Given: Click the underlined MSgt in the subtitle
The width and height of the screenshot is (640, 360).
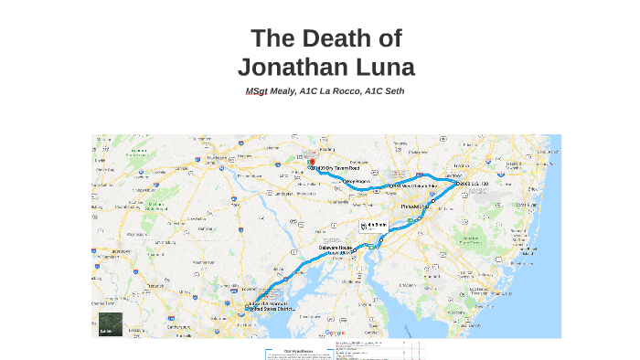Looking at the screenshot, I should (256, 91).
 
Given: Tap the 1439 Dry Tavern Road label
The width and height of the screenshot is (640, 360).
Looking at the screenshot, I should (336, 168).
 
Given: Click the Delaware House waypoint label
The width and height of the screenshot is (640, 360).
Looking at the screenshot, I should (333, 247).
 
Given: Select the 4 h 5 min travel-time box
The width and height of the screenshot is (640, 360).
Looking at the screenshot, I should (376, 225).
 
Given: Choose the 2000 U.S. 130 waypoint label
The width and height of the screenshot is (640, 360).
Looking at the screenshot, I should (474, 184).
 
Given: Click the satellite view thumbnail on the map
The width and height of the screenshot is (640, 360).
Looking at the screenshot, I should (111, 324).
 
